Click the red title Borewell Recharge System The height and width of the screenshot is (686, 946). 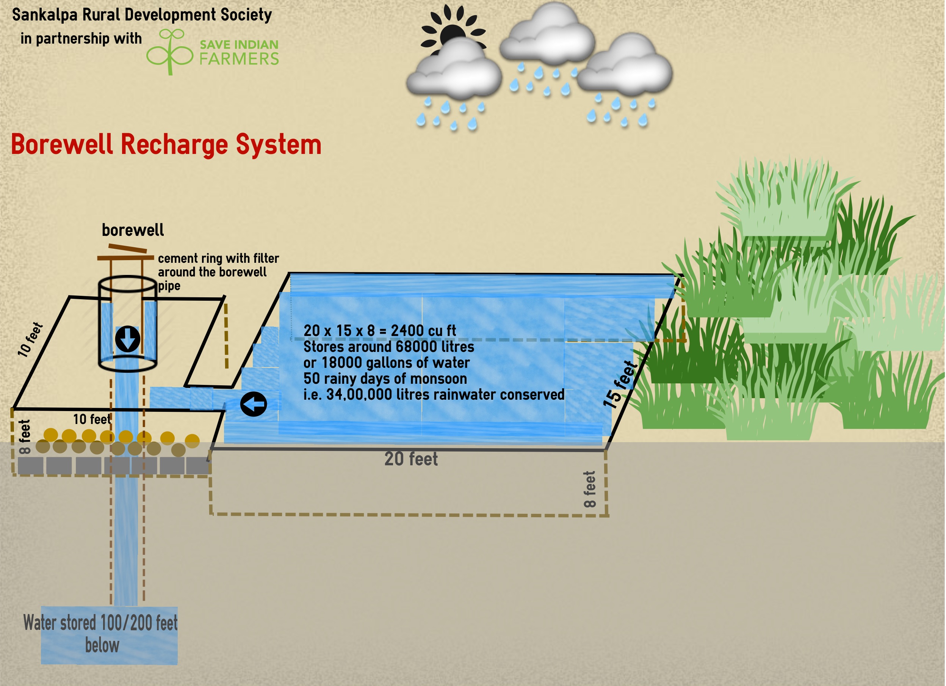tap(166, 144)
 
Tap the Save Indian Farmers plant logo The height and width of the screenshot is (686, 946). tap(170, 52)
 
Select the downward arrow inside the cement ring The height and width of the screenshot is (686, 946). tap(128, 338)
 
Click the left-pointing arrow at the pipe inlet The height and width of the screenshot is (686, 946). tap(254, 404)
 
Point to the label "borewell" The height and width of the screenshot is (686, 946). tap(133, 230)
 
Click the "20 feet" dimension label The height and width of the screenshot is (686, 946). tap(411, 459)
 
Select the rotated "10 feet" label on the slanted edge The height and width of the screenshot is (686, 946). tap(30, 339)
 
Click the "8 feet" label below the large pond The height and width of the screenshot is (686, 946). tap(589, 490)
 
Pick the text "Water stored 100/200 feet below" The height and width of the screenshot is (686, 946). tap(100, 633)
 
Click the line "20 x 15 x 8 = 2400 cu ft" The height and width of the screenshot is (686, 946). tap(379, 330)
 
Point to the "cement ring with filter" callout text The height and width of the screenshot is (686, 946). tap(218, 258)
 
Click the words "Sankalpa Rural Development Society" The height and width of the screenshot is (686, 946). tap(142, 15)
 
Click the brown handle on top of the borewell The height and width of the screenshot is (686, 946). tap(127, 249)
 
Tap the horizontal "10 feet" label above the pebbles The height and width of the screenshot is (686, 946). tap(92, 419)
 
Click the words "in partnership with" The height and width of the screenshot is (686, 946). tap(81, 38)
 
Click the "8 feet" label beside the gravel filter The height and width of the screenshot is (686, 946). tap(25, 437)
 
